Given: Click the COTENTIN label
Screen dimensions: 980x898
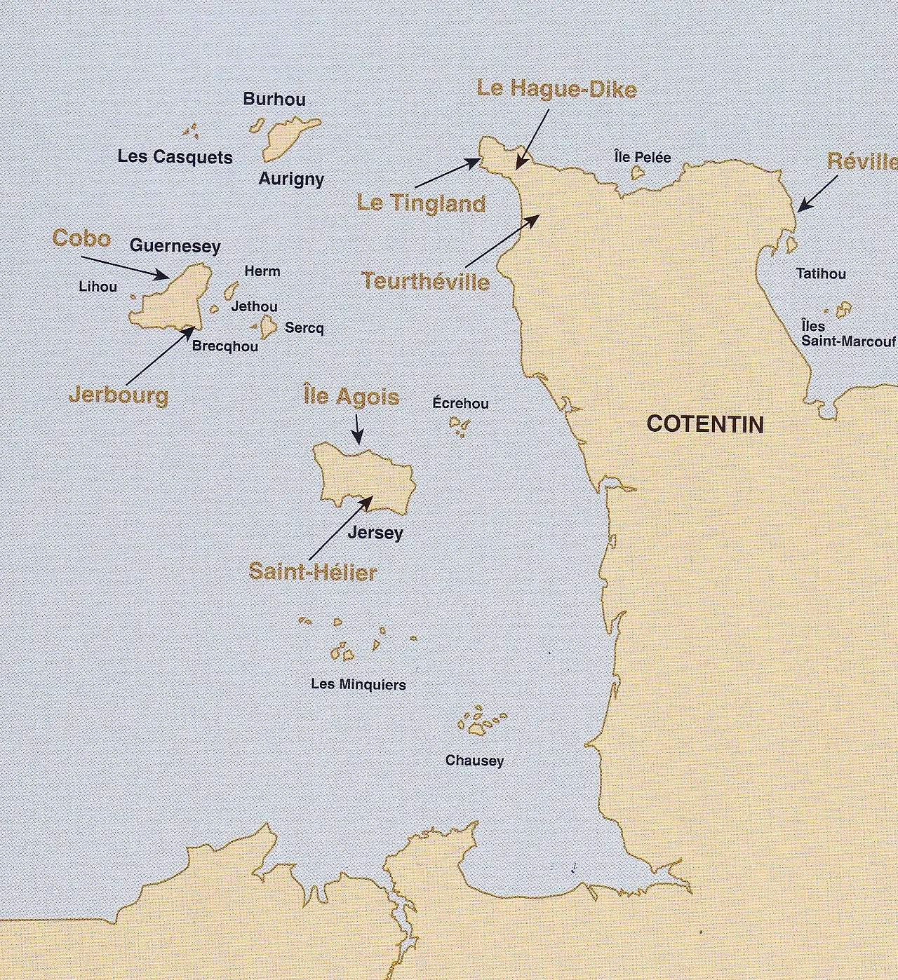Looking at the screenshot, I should point(704,424).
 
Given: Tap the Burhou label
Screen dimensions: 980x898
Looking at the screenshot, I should point(274,99).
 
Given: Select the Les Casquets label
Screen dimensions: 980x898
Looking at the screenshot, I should point(175,156).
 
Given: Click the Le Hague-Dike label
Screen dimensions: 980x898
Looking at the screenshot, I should point(556,89).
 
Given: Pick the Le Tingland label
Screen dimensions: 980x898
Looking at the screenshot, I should point(421,203).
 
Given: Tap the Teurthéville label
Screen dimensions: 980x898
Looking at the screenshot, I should point(426,281).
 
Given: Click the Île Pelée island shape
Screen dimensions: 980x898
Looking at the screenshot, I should point(638,172).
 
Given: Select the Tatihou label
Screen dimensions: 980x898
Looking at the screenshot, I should point(821,273).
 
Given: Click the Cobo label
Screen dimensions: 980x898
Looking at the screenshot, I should point(81,238).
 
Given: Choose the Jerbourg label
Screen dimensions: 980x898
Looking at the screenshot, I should point(119,395).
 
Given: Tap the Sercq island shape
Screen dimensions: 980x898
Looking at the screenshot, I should point(267,326).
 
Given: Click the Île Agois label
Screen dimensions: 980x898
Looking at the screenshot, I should point(351,397).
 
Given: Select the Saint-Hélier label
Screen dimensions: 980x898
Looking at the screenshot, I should point(312,572).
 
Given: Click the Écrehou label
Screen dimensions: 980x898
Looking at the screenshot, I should point(460,404).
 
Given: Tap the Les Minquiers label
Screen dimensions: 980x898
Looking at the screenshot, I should point(358,684).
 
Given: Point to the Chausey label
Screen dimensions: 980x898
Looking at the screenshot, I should point(474,761).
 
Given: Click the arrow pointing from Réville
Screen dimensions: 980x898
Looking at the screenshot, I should point(818,193).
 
